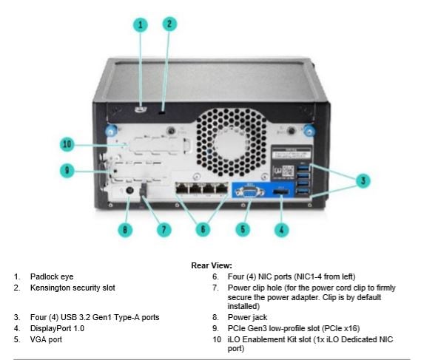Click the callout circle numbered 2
(169, 23)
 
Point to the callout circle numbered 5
(242, 229)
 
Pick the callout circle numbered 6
(201, 229)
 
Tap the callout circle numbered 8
(125, 229)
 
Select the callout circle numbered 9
(67, 170)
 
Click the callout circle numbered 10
(67, 143)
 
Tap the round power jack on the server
(130, 191)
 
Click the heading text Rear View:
(212, 265)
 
